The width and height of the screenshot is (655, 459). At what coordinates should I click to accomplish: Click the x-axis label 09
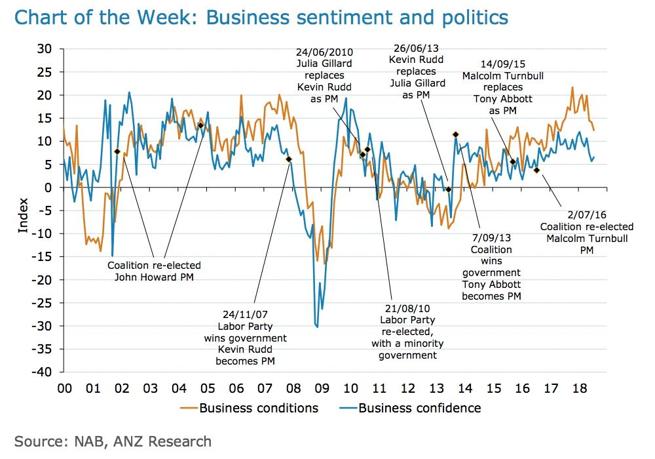(321, 388)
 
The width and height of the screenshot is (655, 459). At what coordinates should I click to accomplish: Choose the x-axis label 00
(64, 388)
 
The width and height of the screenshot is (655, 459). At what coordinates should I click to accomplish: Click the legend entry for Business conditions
(250, 408)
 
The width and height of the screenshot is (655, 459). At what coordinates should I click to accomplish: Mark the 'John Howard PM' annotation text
(154, 277)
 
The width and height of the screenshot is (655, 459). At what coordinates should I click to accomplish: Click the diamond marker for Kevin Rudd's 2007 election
(289, 159)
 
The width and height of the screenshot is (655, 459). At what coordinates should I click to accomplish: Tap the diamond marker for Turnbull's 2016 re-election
(536, 170)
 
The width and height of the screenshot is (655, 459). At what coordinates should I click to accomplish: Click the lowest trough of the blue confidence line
(317, 326)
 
